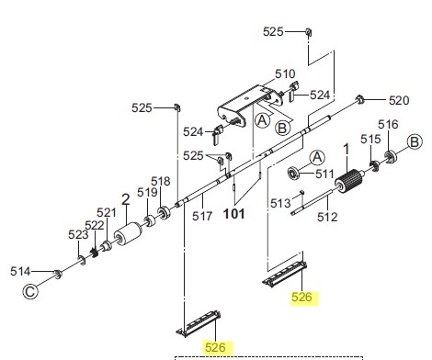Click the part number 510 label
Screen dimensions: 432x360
285,73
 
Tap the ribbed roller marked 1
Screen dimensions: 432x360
349,182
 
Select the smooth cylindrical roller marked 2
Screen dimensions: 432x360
128,235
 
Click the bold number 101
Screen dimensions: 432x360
234,214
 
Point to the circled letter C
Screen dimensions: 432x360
30,291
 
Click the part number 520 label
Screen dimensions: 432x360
399,100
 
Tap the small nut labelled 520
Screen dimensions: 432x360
359,99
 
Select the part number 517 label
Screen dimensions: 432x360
202,216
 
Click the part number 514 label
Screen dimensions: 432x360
20,271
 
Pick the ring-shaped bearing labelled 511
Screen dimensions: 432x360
294,173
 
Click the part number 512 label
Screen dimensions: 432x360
327,217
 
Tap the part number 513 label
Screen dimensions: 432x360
280,203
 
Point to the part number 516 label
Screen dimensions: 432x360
388,125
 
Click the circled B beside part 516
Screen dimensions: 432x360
415,142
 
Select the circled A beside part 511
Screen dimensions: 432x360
317,158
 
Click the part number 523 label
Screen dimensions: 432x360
78,235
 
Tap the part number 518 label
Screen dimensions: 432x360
161,181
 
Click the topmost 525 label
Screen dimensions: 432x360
273,31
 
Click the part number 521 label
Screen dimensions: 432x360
107,212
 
